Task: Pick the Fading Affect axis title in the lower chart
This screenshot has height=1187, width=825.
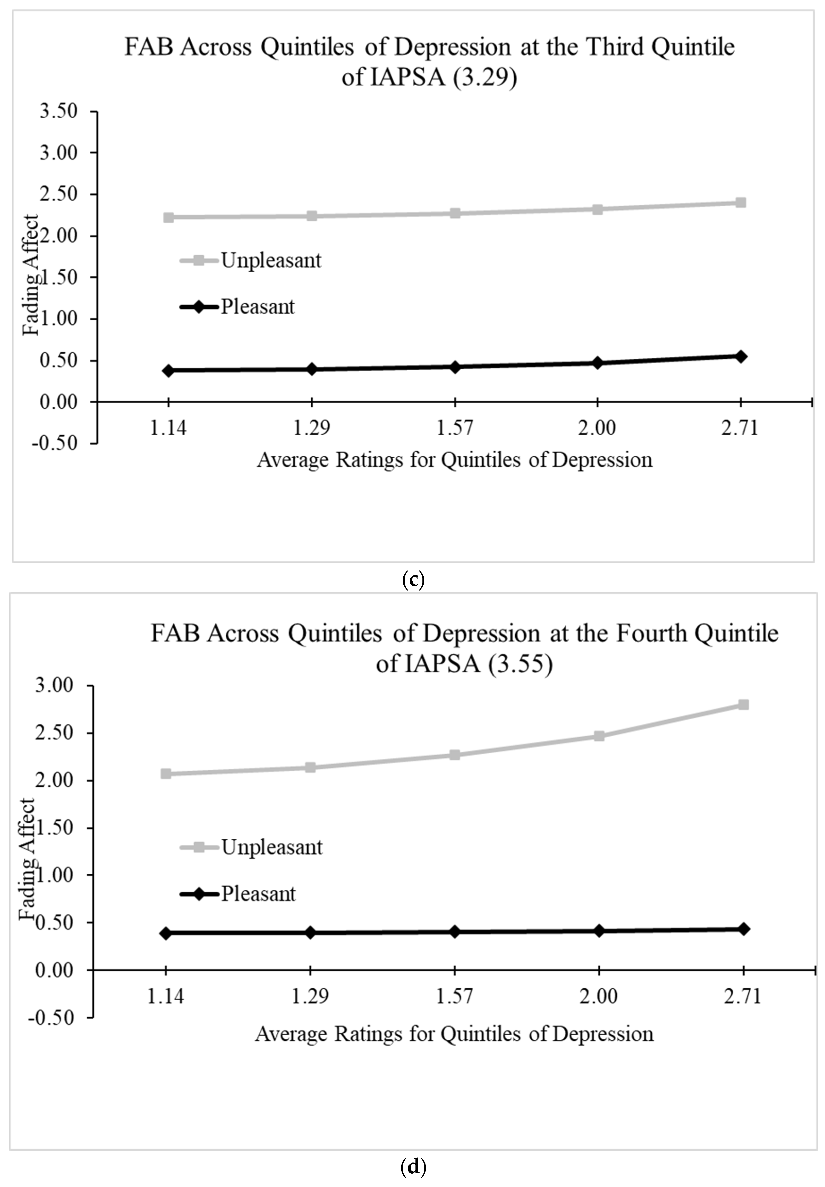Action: click(x=27, y=858)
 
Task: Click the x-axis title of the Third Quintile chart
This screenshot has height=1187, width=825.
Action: click(x=454, y=460)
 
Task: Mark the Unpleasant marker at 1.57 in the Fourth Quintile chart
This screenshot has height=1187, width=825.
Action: click(x=454, y=755)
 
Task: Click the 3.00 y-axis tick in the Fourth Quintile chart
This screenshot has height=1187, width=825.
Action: click(x=58, y=686)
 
